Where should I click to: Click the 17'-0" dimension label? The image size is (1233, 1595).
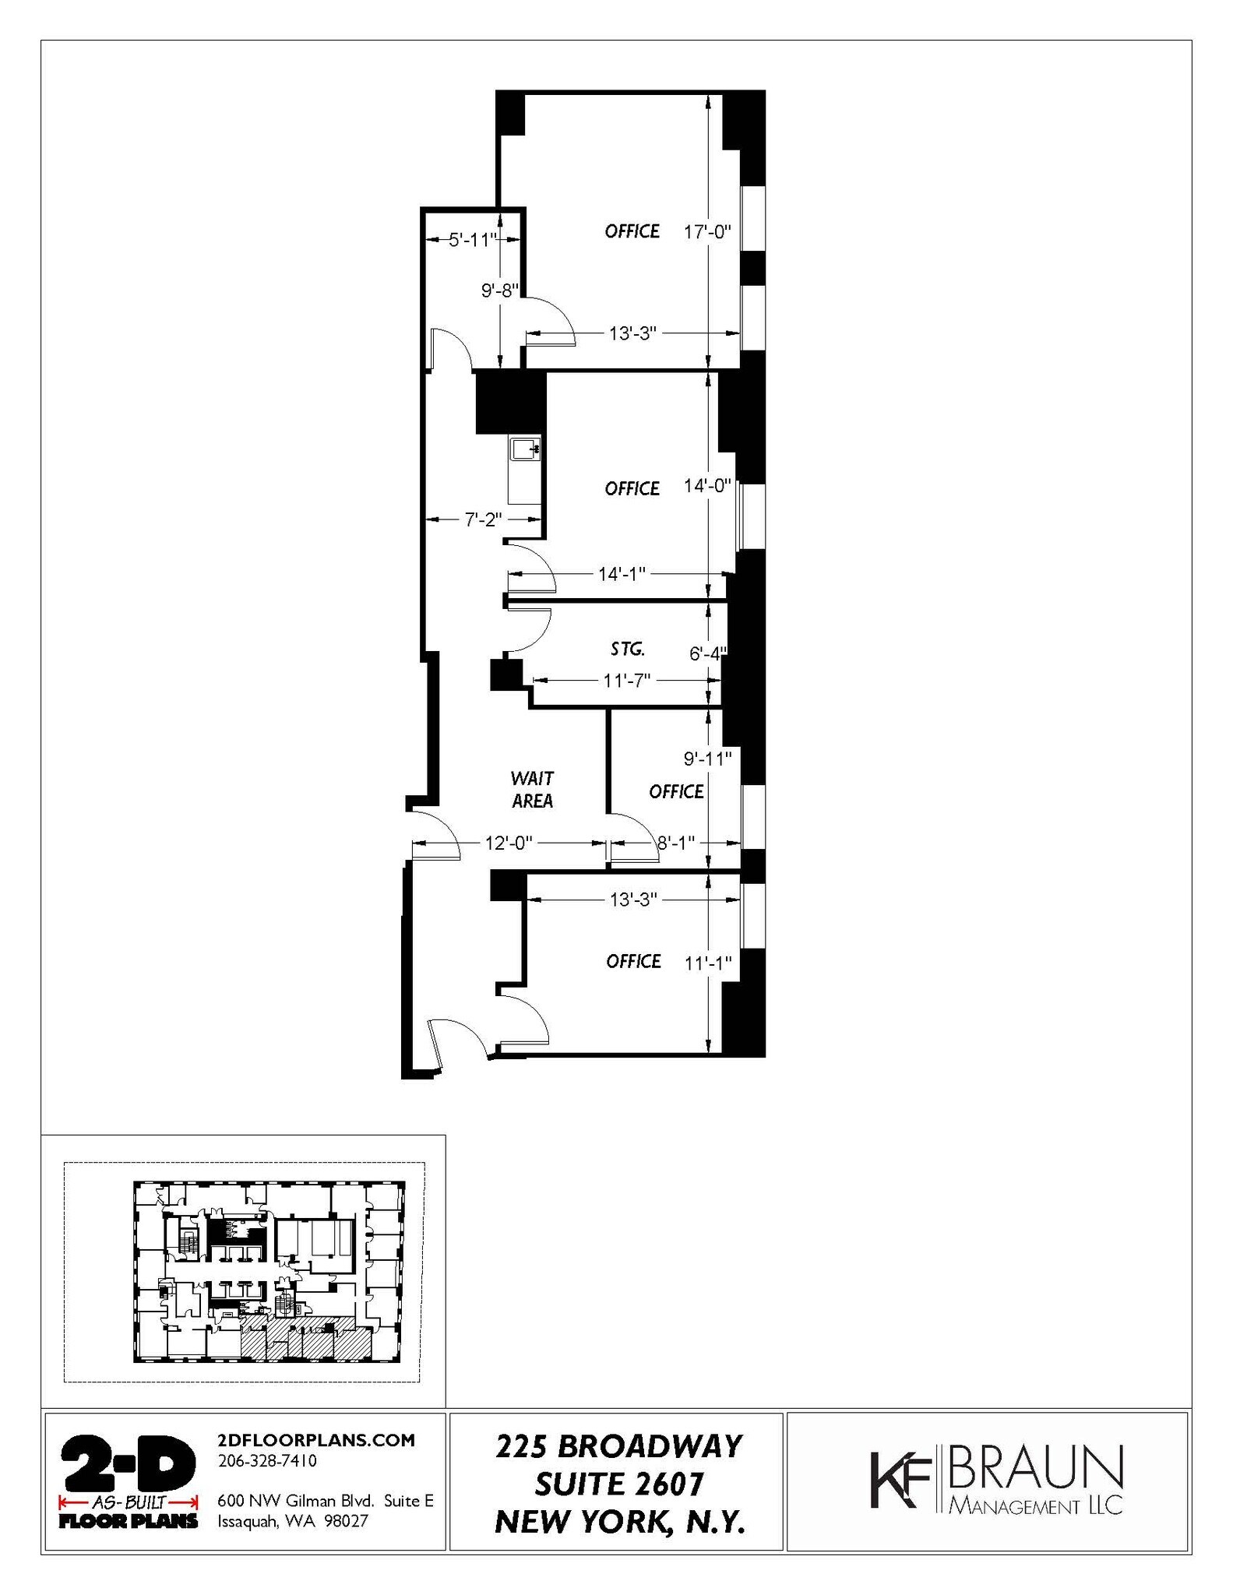707,231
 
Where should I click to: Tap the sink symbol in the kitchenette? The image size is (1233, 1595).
525,449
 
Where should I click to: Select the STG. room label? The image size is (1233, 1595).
627,648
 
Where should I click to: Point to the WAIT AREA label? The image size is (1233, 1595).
533,789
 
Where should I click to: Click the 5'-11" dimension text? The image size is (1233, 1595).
472,240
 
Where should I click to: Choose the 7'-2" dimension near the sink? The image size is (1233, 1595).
483,519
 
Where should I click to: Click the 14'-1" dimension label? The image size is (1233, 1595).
622,574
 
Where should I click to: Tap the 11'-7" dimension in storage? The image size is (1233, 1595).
626,681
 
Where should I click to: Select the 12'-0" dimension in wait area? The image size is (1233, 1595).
508,843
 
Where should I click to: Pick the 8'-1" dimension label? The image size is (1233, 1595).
675,843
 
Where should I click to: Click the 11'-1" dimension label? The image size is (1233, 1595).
707,963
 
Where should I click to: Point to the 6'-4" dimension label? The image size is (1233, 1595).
707,654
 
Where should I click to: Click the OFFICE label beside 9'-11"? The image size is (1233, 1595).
676,791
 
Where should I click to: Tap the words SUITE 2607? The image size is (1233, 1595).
619,1484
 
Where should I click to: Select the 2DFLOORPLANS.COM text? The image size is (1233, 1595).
316,1440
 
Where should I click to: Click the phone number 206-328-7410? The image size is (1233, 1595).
267,1461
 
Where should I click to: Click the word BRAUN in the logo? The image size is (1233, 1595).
1037,1469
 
